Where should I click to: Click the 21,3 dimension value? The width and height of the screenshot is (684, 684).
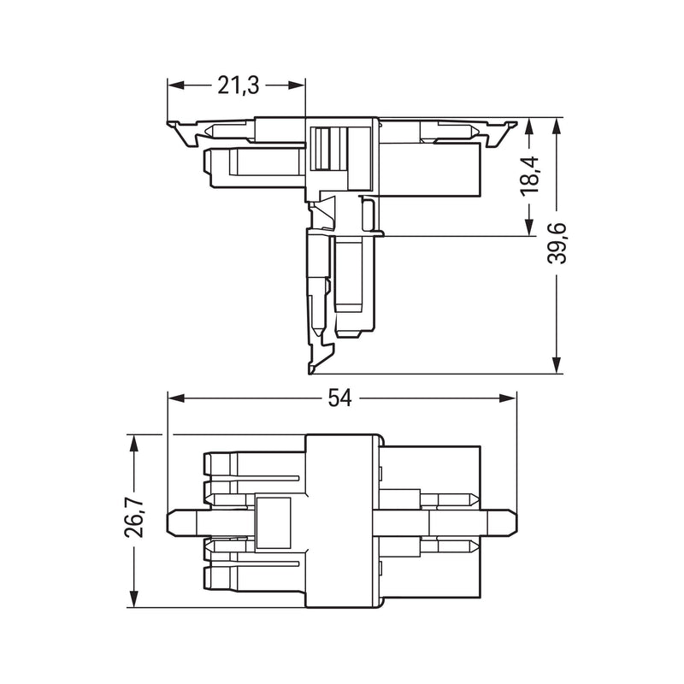pyautogui.click(x=239, y=85)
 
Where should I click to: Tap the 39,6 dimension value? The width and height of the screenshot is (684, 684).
pyautogui.click(x=557, y=244)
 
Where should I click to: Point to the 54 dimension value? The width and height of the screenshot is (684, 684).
pyautogui.click(x=339, y=398)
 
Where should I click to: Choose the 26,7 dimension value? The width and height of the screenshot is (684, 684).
pyautogui.click(x=135, y=517)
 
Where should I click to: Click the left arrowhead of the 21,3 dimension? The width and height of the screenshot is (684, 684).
pyautogui.click(x=176, y=85)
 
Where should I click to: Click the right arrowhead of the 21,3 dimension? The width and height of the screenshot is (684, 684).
pyautogui.click(x=296, y=85)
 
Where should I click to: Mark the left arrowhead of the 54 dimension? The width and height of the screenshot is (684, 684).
pyautogui.click(x=177, y=398)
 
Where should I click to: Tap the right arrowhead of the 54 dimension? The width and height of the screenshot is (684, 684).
pyautogui.click(x=507, y=398)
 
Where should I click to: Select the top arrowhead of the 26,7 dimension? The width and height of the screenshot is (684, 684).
pyautogui.click(x=134, y=443)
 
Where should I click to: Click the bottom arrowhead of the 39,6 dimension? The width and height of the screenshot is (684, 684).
pyautogui.click(x=557, y=365)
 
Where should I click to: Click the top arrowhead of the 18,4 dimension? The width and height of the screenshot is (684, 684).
pyautogui.click(x=529, y=127)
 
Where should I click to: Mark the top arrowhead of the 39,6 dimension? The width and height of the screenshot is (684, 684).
pyautogui.click(x=557, y=127)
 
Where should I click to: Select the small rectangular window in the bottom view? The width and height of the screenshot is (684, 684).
pyautogui.click(x=274, y=522)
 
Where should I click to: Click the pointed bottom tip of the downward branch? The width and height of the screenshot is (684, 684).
pyautogui.click(x=310, y=372)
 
